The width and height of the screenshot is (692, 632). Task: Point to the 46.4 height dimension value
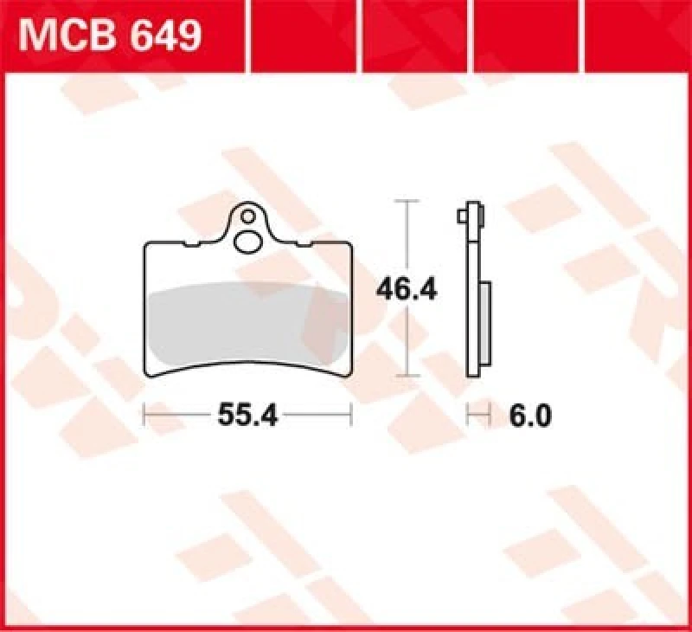[x=406, y=289]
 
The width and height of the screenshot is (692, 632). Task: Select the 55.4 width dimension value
[x=247, y=416]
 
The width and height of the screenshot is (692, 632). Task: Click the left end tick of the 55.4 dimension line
[x=144, y=416]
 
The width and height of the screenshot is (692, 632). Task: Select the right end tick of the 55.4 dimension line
[x=351, y=416]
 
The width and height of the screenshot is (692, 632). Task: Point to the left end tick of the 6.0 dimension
[x=468, y=416]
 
